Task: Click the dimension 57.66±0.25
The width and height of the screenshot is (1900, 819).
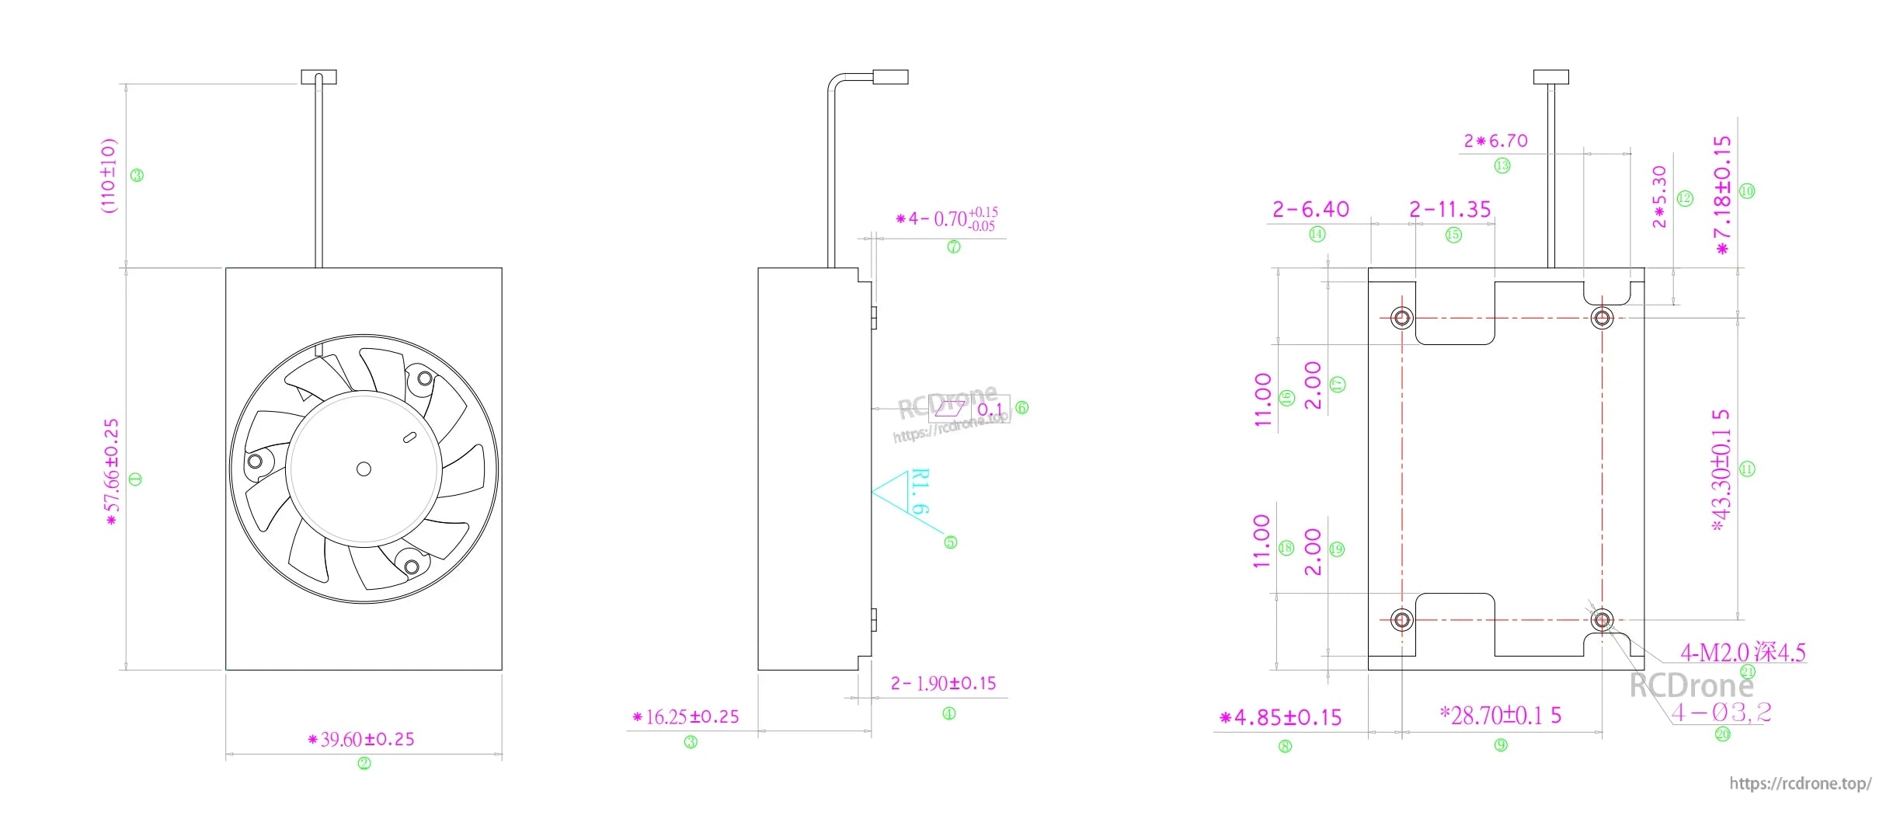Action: click(113, 472)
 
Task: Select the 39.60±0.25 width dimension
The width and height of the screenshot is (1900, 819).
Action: click(362, 739)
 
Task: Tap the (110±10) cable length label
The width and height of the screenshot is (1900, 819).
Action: click(109, 175)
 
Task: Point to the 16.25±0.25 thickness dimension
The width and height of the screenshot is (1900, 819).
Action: click(687, 716)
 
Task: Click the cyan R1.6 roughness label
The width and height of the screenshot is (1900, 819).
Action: click(920, 491)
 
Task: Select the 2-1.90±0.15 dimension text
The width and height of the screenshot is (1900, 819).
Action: click(944, 684)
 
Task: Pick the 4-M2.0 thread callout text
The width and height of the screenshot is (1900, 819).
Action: click(1743, 652)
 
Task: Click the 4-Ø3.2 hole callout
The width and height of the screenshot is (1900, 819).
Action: click(1721, 712)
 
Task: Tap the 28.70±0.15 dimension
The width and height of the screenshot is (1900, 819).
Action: click(1501, 715)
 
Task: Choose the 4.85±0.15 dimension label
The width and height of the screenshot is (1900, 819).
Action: click(1281, 717)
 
